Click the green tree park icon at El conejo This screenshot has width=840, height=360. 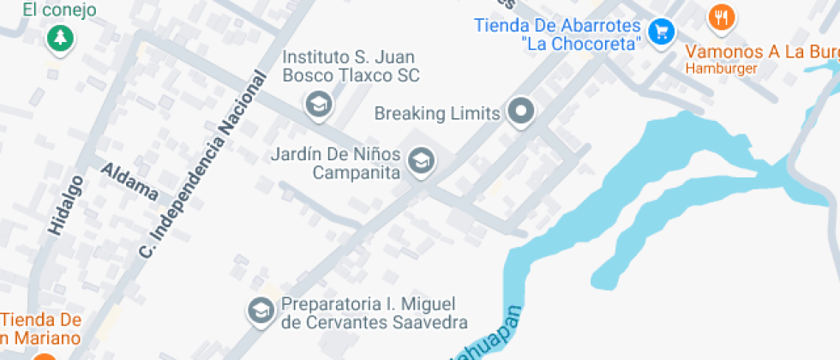pyautogui.click(x=60, y=38)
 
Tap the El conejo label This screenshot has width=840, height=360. pyautogui.click(x=59, y=10)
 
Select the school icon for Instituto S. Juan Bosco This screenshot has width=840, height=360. pyautogui.click(x=319, y=105)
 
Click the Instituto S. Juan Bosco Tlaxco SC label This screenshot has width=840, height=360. pyautogui.click(x=351, y=66)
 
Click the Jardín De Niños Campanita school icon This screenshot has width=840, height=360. pyautogui.click(x=420, y=160)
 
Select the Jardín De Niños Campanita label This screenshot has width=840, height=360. pyautogui.click(x=335, y=164)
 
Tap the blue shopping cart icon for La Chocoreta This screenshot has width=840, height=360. pyautogui.click(x=661, y=33)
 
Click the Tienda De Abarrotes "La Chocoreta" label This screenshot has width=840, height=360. pyautogui.click(x=557, y=33)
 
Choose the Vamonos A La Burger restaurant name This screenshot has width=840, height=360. pyautogui.click(x=762, y=51)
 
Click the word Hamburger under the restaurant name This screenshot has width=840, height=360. pyautogui.click(x=721, y=68)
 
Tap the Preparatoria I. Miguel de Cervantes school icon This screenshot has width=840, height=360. pyautogui.click(x=259, y=310)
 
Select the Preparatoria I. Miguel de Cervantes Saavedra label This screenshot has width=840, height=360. pyautogui.click(x=375, y=313)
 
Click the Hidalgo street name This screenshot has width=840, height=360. pyautogui.click(x=66, y=205)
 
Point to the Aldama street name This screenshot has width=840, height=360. pyautogui.click(x=129, y=180)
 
